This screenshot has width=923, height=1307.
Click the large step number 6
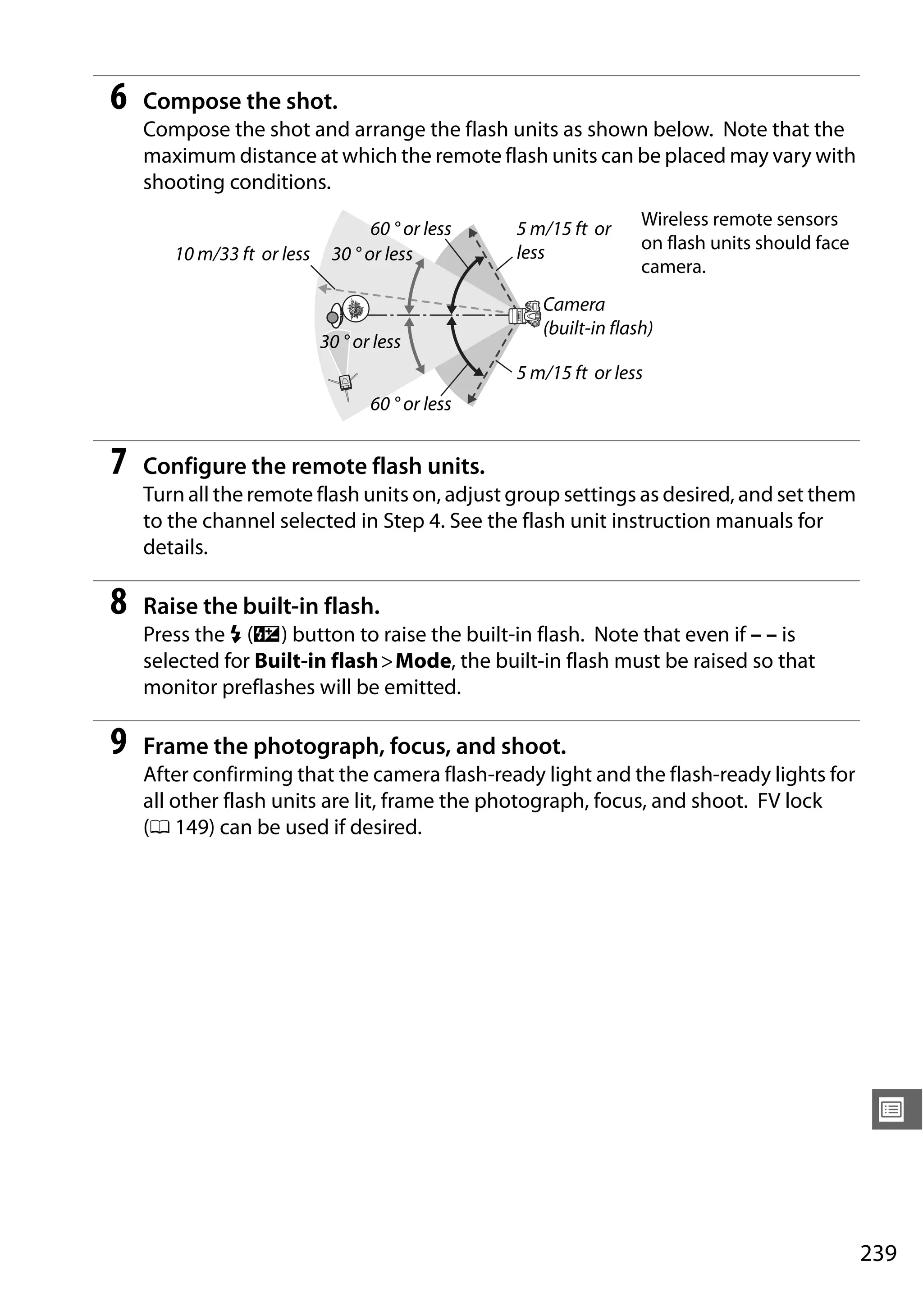(x=119, y=97)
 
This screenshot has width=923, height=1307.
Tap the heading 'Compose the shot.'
(x=240, y=101)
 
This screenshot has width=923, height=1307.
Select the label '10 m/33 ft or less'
(x=242, y=254)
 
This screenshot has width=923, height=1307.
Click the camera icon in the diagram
(x=525, y=314)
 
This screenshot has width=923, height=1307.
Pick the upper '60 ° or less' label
(x=411, y=229)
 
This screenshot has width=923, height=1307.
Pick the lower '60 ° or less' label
(x=411, y=404)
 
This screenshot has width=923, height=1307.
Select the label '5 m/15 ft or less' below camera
(x=579, y=373)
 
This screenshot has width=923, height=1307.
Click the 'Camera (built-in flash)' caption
(x=597, y=317)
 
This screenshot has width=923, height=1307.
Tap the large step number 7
(x=119, y=462)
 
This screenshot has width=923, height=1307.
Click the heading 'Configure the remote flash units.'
(x=314, y=466)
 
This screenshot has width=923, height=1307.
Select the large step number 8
(x=119, y=602)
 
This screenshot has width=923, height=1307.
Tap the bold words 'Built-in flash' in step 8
(x=316, y=661)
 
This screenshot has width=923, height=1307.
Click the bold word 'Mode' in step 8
(x=423, y=661)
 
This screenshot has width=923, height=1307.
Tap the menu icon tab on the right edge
(x=892, y=1110)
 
